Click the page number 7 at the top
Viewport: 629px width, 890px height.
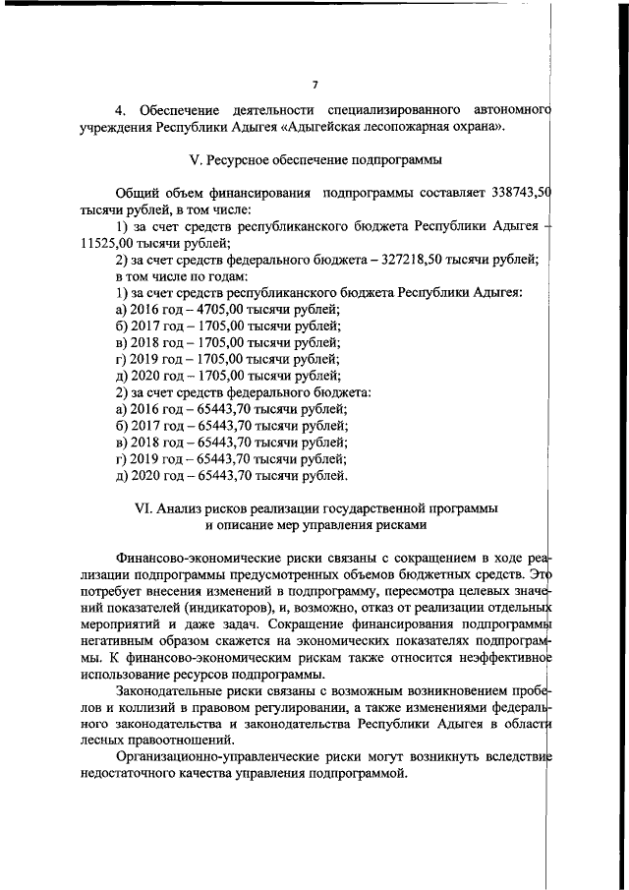[x=314, y=85]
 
